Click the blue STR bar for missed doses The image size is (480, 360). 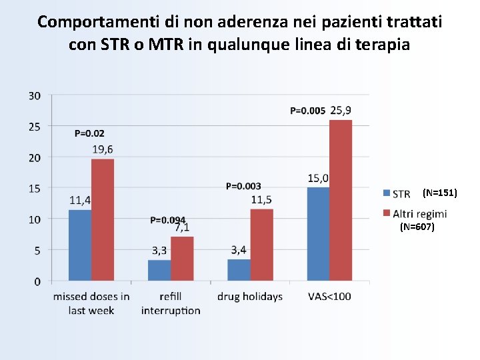click(x=80, y=245)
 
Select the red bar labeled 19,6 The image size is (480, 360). click(x=103, y=219)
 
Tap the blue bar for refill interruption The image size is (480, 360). click(x=159, y=270)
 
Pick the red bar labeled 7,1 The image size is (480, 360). click(x=182, y=258)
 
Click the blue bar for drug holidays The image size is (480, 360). click(x=239, y=269)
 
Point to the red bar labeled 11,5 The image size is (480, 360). click(x=261, y=245)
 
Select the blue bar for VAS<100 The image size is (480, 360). click(x=318, y=234)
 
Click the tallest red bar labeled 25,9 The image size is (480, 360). click(x=341, y=200)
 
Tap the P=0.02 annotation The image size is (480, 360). click(x=89, y=133)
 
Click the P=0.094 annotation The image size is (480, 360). click(x=167, y=219)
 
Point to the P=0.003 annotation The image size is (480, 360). click(x=243, y=186)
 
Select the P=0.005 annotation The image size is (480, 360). click(x=308, y=111)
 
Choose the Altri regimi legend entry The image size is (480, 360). click(x=419, y=213)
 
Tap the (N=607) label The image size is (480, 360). click(x=417, y=227)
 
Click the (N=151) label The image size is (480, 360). click(x=440, y=193)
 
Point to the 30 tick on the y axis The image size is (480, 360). click(x=34, y=96)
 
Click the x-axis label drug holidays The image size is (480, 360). click(x=250, y=297)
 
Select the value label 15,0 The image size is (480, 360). click(x=318, y=178)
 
